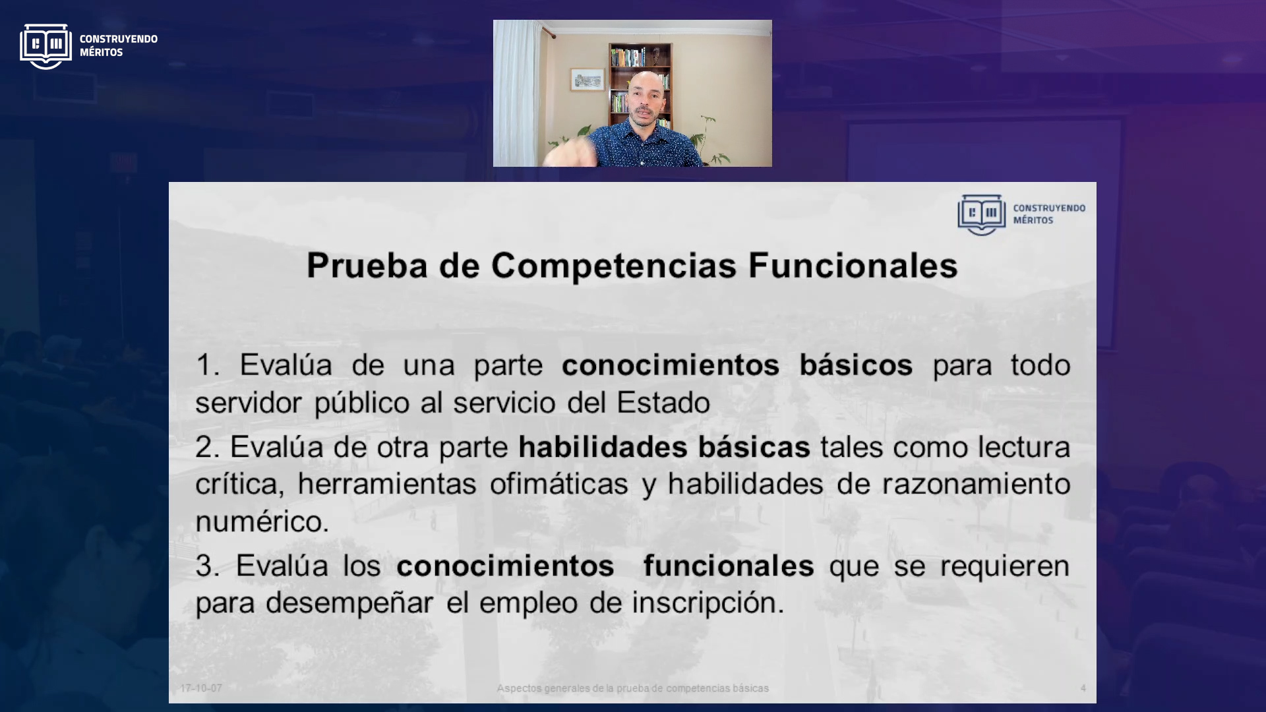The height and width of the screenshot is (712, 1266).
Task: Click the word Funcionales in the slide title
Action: point(853,266)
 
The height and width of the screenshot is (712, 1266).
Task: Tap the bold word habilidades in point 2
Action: point(603,447)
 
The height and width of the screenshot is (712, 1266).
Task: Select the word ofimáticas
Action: point(559,484)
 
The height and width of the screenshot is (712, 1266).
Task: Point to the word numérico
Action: point(262,521)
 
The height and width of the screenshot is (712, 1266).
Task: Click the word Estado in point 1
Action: point(663,403)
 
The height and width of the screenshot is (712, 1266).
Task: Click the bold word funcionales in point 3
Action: point(729,566)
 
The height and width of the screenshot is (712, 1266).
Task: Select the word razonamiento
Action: point(977,484)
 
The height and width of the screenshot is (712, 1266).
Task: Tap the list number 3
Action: point(207,566)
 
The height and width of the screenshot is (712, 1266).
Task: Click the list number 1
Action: point(207,365)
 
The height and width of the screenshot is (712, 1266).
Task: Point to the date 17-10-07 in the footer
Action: point(201,688)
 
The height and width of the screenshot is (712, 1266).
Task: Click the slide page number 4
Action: point(1083,688)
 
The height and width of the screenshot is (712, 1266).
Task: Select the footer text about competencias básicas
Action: point(633,688)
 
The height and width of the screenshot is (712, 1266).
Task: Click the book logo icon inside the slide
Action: point(982,214)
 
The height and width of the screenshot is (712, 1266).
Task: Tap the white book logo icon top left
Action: point(45,46)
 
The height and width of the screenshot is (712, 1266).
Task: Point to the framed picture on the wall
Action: point(588,80)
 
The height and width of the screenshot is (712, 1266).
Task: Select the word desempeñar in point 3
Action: point(349,603)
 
